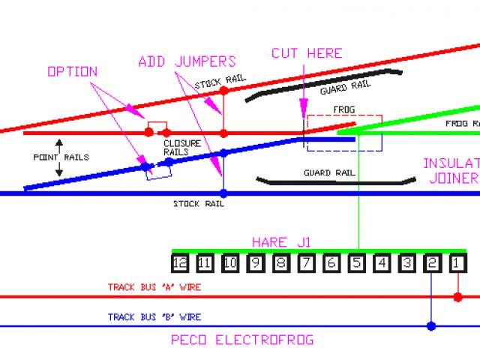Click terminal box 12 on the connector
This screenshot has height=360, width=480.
tap(179, 263)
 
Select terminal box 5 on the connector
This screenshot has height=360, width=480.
tap(357, 263)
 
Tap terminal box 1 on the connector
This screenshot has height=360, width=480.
tap(458, 263)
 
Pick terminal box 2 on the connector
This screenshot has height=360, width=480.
tap(433, 263)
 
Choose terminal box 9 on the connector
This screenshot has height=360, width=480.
tap(256, 263)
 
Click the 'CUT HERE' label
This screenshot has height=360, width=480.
tap(306, 53)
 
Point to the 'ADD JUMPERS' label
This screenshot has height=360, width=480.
tap(187, 61)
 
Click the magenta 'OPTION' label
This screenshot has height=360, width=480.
tap(72, 72)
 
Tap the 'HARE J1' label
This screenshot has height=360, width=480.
tap(281, 242)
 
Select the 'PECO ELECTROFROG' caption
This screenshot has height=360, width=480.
tap(242, 340)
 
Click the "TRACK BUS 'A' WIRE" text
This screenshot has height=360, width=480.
tap(154, 287)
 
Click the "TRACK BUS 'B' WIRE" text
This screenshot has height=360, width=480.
tap(154, 317)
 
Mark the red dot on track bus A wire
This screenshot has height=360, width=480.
tap(458, 297)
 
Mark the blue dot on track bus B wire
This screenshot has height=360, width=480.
tap(431, 326)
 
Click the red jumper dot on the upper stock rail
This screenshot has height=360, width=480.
tap(223, 91)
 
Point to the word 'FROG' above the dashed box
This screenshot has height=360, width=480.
tap(324, 109)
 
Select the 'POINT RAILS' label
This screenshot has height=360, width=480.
tap(61, 157)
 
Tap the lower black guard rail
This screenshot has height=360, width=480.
tap(335, 181)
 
